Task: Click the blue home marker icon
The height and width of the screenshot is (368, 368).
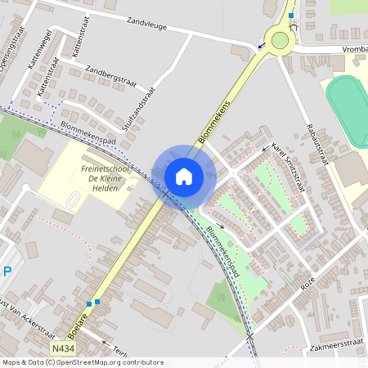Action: (184, 177)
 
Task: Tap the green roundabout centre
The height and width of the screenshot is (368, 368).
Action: (280, 40)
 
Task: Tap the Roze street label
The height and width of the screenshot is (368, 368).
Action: (308, 283)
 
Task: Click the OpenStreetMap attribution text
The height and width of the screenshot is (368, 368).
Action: (83, 362)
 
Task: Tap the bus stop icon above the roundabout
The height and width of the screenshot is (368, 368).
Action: (291, 15)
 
